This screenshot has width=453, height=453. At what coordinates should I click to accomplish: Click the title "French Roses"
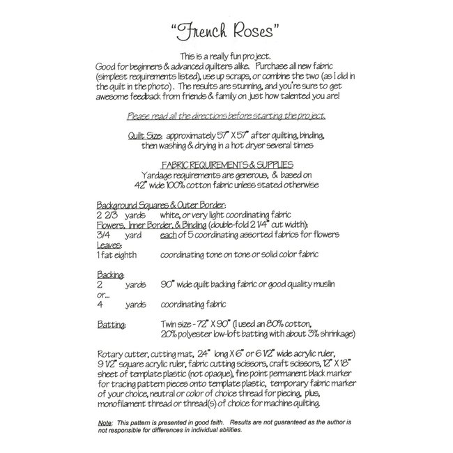click(226, 31)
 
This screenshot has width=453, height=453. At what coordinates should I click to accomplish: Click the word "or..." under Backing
click(102, 295)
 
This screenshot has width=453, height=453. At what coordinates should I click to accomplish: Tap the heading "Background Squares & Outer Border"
click(161, 206)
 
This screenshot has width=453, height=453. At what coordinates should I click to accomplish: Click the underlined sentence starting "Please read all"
click(226, 116)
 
